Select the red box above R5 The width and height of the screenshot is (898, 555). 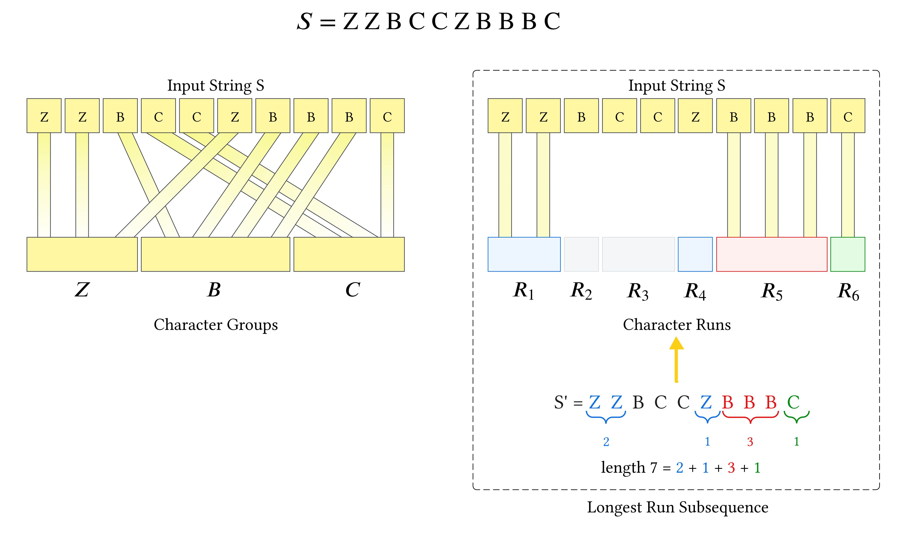(771, 254)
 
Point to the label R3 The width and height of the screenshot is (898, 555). (638, 291)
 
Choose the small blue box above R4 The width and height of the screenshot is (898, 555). (695, 254)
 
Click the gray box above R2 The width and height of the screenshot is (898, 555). (581, 254)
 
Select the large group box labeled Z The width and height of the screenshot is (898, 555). (82, 254)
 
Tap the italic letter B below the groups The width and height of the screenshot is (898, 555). (214, 290)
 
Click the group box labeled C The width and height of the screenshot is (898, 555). (349, 254)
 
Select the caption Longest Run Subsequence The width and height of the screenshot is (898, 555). (677, 507)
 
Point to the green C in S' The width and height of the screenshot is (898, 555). (793, 402)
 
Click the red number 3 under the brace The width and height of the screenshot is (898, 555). (750, 442)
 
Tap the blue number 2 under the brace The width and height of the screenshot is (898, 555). (606, 442)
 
